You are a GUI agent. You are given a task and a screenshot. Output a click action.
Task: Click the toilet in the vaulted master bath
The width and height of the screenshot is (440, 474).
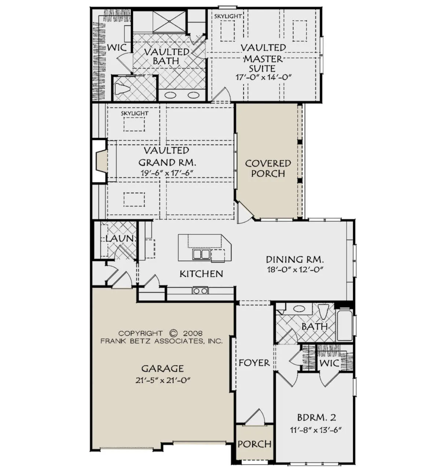[x=122, y=89]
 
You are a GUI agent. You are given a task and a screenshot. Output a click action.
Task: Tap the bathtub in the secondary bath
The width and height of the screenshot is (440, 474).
[x=344, y=325]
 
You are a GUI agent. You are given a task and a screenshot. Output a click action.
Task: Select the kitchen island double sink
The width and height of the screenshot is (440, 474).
[x=201, y=254]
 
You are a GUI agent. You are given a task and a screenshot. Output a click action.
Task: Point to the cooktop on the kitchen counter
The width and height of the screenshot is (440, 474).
[x=201, y=291]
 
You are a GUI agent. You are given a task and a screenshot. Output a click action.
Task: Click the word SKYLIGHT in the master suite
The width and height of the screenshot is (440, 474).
[x=228, y=16]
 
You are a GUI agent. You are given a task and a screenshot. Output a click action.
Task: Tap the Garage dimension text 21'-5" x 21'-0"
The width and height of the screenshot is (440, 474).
[x=163, y=380]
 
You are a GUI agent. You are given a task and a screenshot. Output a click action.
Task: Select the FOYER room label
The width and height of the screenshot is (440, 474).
[x=254, y=363]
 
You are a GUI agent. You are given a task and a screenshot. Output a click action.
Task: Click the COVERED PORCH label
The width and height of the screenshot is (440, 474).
[x=268, y=168]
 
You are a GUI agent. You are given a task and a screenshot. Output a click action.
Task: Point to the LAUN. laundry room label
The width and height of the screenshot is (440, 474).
[x=120, y=238]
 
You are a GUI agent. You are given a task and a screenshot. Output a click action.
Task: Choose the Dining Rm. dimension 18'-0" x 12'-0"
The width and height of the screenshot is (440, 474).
[x=295, y=270]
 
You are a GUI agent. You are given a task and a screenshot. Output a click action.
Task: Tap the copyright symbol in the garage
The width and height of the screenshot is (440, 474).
[x=173, y=333]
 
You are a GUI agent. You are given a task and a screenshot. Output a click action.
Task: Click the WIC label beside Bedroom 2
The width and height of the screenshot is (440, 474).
[x=329, y=363]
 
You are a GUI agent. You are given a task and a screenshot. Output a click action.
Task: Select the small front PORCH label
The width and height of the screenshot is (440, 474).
[x=254, y=444]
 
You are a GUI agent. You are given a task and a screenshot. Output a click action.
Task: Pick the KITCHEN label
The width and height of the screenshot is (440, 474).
[x=201, y=274]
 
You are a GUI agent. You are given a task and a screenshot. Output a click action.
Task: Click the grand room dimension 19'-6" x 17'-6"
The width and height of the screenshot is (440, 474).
[x=167, y=173]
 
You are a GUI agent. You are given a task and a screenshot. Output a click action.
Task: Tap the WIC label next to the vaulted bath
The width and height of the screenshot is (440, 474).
[x=117, y=47]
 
